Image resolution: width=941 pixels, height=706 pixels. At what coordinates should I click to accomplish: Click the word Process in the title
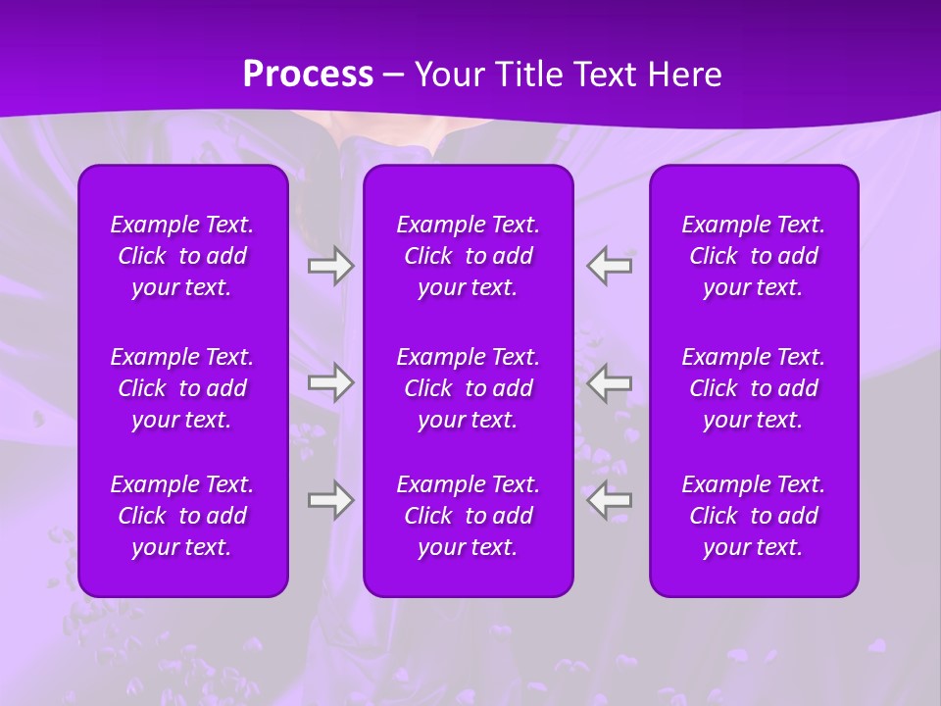(x=308, y=75)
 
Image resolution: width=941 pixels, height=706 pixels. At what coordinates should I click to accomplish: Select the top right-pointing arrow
(x=330, y=266)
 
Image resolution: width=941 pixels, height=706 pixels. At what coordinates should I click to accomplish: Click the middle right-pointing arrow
(x=330, y=382)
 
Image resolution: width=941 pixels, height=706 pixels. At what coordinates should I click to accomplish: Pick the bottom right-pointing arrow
(x=330, y=500)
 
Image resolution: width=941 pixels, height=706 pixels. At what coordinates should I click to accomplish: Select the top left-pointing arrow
(x=610, y=266)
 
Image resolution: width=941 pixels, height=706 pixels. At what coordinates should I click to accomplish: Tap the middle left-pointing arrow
(x=610, y=382)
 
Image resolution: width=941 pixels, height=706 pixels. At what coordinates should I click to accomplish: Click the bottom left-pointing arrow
(x=610, y=500)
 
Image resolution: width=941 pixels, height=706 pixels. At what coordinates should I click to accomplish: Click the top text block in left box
(x=182, y=256)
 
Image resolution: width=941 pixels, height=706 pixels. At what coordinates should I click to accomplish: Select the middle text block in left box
(x=182, y=388)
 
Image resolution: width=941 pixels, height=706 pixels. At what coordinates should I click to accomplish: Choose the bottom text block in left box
(x=182, y=516)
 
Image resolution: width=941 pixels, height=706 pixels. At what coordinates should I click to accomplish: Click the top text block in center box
(x=468, y=256)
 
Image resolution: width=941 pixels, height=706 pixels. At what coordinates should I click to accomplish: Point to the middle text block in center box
(x=468, y=388)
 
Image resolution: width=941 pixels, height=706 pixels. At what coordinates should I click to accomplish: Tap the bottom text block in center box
(x=468, y=516)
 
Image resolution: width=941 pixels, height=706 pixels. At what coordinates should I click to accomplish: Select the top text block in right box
(x=753, y=256)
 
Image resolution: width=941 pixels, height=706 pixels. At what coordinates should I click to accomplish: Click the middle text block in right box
(x=753, y=388)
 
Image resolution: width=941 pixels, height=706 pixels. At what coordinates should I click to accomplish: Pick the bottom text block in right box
(x=753, y=516)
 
